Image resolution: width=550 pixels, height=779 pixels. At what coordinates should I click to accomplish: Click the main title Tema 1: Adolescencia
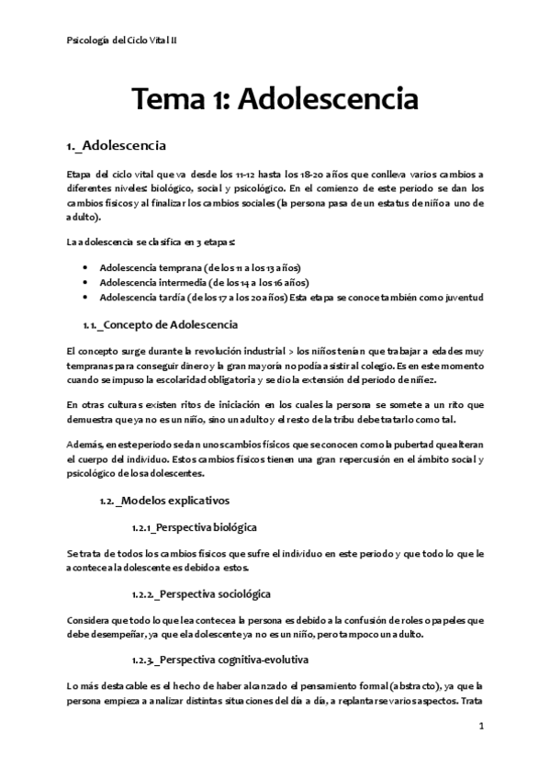[275, 98]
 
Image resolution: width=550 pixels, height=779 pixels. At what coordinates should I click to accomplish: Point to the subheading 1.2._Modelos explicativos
[164, 501]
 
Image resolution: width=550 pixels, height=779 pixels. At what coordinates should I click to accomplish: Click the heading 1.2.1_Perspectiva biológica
[195, 527]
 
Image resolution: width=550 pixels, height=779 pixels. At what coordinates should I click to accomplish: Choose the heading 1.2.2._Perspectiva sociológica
[201, 593]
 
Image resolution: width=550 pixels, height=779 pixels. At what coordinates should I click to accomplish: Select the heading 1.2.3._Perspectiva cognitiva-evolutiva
[220, 660]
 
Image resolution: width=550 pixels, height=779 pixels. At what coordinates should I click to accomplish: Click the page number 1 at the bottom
[481, 726]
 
